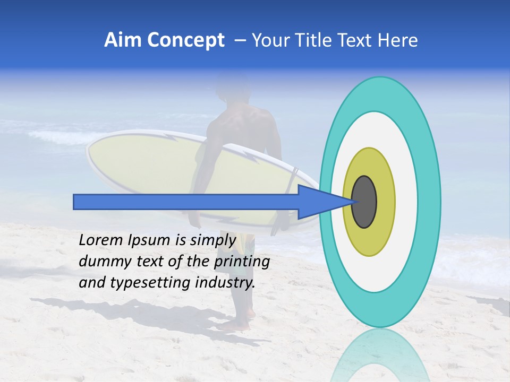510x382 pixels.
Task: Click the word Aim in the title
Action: coord(121,40)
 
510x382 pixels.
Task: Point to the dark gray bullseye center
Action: coord(364,202)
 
